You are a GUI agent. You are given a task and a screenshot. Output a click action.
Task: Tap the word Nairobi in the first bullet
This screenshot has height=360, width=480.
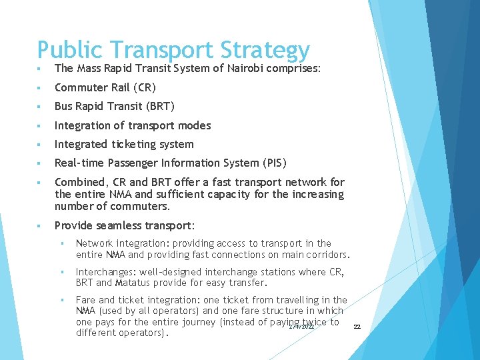(243, 68)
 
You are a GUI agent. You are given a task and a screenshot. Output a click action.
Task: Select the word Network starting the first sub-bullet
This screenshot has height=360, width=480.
(95, 243)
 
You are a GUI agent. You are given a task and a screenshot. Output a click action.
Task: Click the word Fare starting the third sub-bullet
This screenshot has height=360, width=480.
(85, 300)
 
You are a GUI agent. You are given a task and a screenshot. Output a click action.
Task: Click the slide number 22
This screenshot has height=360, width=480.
(357, 327)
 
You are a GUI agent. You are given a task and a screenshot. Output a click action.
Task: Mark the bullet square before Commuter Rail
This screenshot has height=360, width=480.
(41, 88)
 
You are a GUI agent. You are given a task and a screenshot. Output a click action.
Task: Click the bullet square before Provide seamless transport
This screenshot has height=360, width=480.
(41, 225)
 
